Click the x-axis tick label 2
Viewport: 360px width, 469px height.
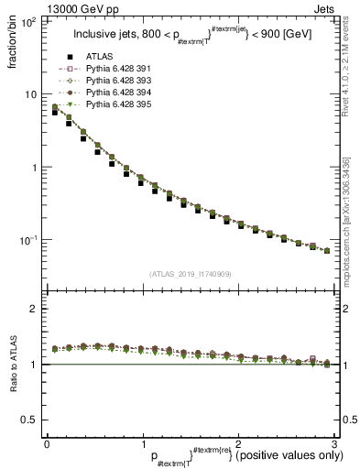(236, 443)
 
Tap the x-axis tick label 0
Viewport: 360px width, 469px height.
(47, 443)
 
